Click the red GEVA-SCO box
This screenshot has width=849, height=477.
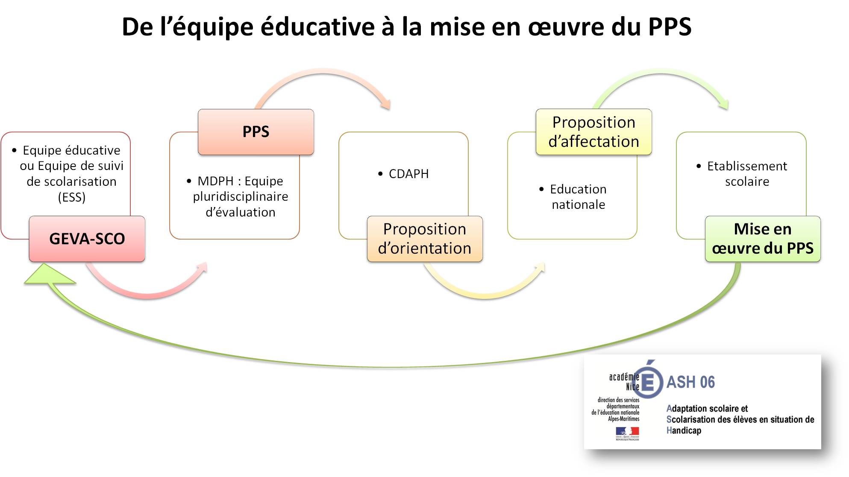pyautogui.click(x=87, y=239)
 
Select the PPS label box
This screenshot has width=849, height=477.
pyautogui.click(x=256, y=132)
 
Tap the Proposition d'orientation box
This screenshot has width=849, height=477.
pyautogui.click(x=425, y=239)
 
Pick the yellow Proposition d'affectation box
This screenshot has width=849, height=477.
pyautogui.click(x=593, y=132)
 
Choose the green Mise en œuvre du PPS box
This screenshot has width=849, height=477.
pyautogui.click(x=763, y=239)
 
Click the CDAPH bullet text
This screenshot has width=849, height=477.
pyautogui.click(x=408, y=174)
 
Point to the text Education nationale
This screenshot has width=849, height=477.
pyautogui.click(x=578, y=197)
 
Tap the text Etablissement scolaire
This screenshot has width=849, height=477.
pyautogui.click(x=747, y=173)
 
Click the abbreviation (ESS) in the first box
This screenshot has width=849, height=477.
pyautogui.click(x=72, y=197)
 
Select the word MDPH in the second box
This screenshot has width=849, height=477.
pyautogui.click(x=215, y=181)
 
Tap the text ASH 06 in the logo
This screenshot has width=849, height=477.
pyautogui.click(x=690, y=382)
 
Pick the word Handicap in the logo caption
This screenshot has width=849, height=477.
pyautogui.click(x=684, y=430)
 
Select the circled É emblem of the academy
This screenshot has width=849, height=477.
pyautogui.click(x=648, y=380)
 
